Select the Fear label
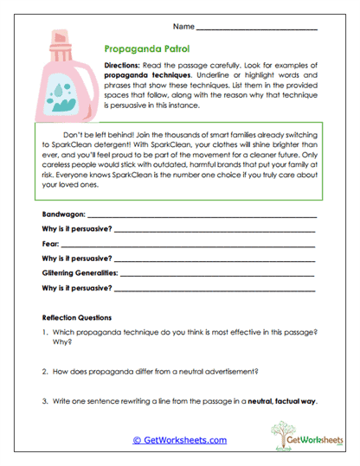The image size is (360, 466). point(50,245)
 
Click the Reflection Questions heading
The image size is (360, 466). point(82,317)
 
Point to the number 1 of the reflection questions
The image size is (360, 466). point(44,332)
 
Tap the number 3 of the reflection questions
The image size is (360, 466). point(44,400)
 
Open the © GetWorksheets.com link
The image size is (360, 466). point(179,440)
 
